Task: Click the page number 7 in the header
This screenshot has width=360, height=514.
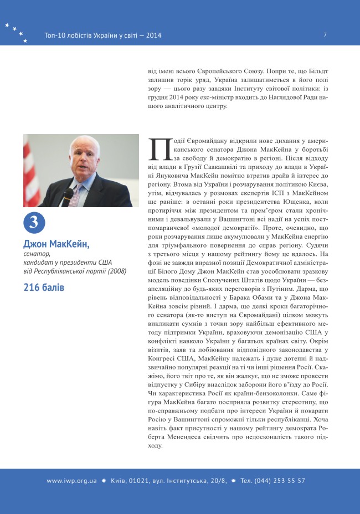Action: click(x=325, y=35)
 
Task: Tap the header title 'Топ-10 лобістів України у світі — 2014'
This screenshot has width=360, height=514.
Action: click(x=102, y=35)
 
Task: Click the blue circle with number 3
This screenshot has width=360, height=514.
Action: click(x=33, y=223)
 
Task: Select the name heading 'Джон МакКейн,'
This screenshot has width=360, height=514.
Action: click(x=56, y=244)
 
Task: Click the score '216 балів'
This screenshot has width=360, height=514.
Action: click(x=44, y=287)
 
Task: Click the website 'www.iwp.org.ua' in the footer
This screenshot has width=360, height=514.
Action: click(x=71, y=481)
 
